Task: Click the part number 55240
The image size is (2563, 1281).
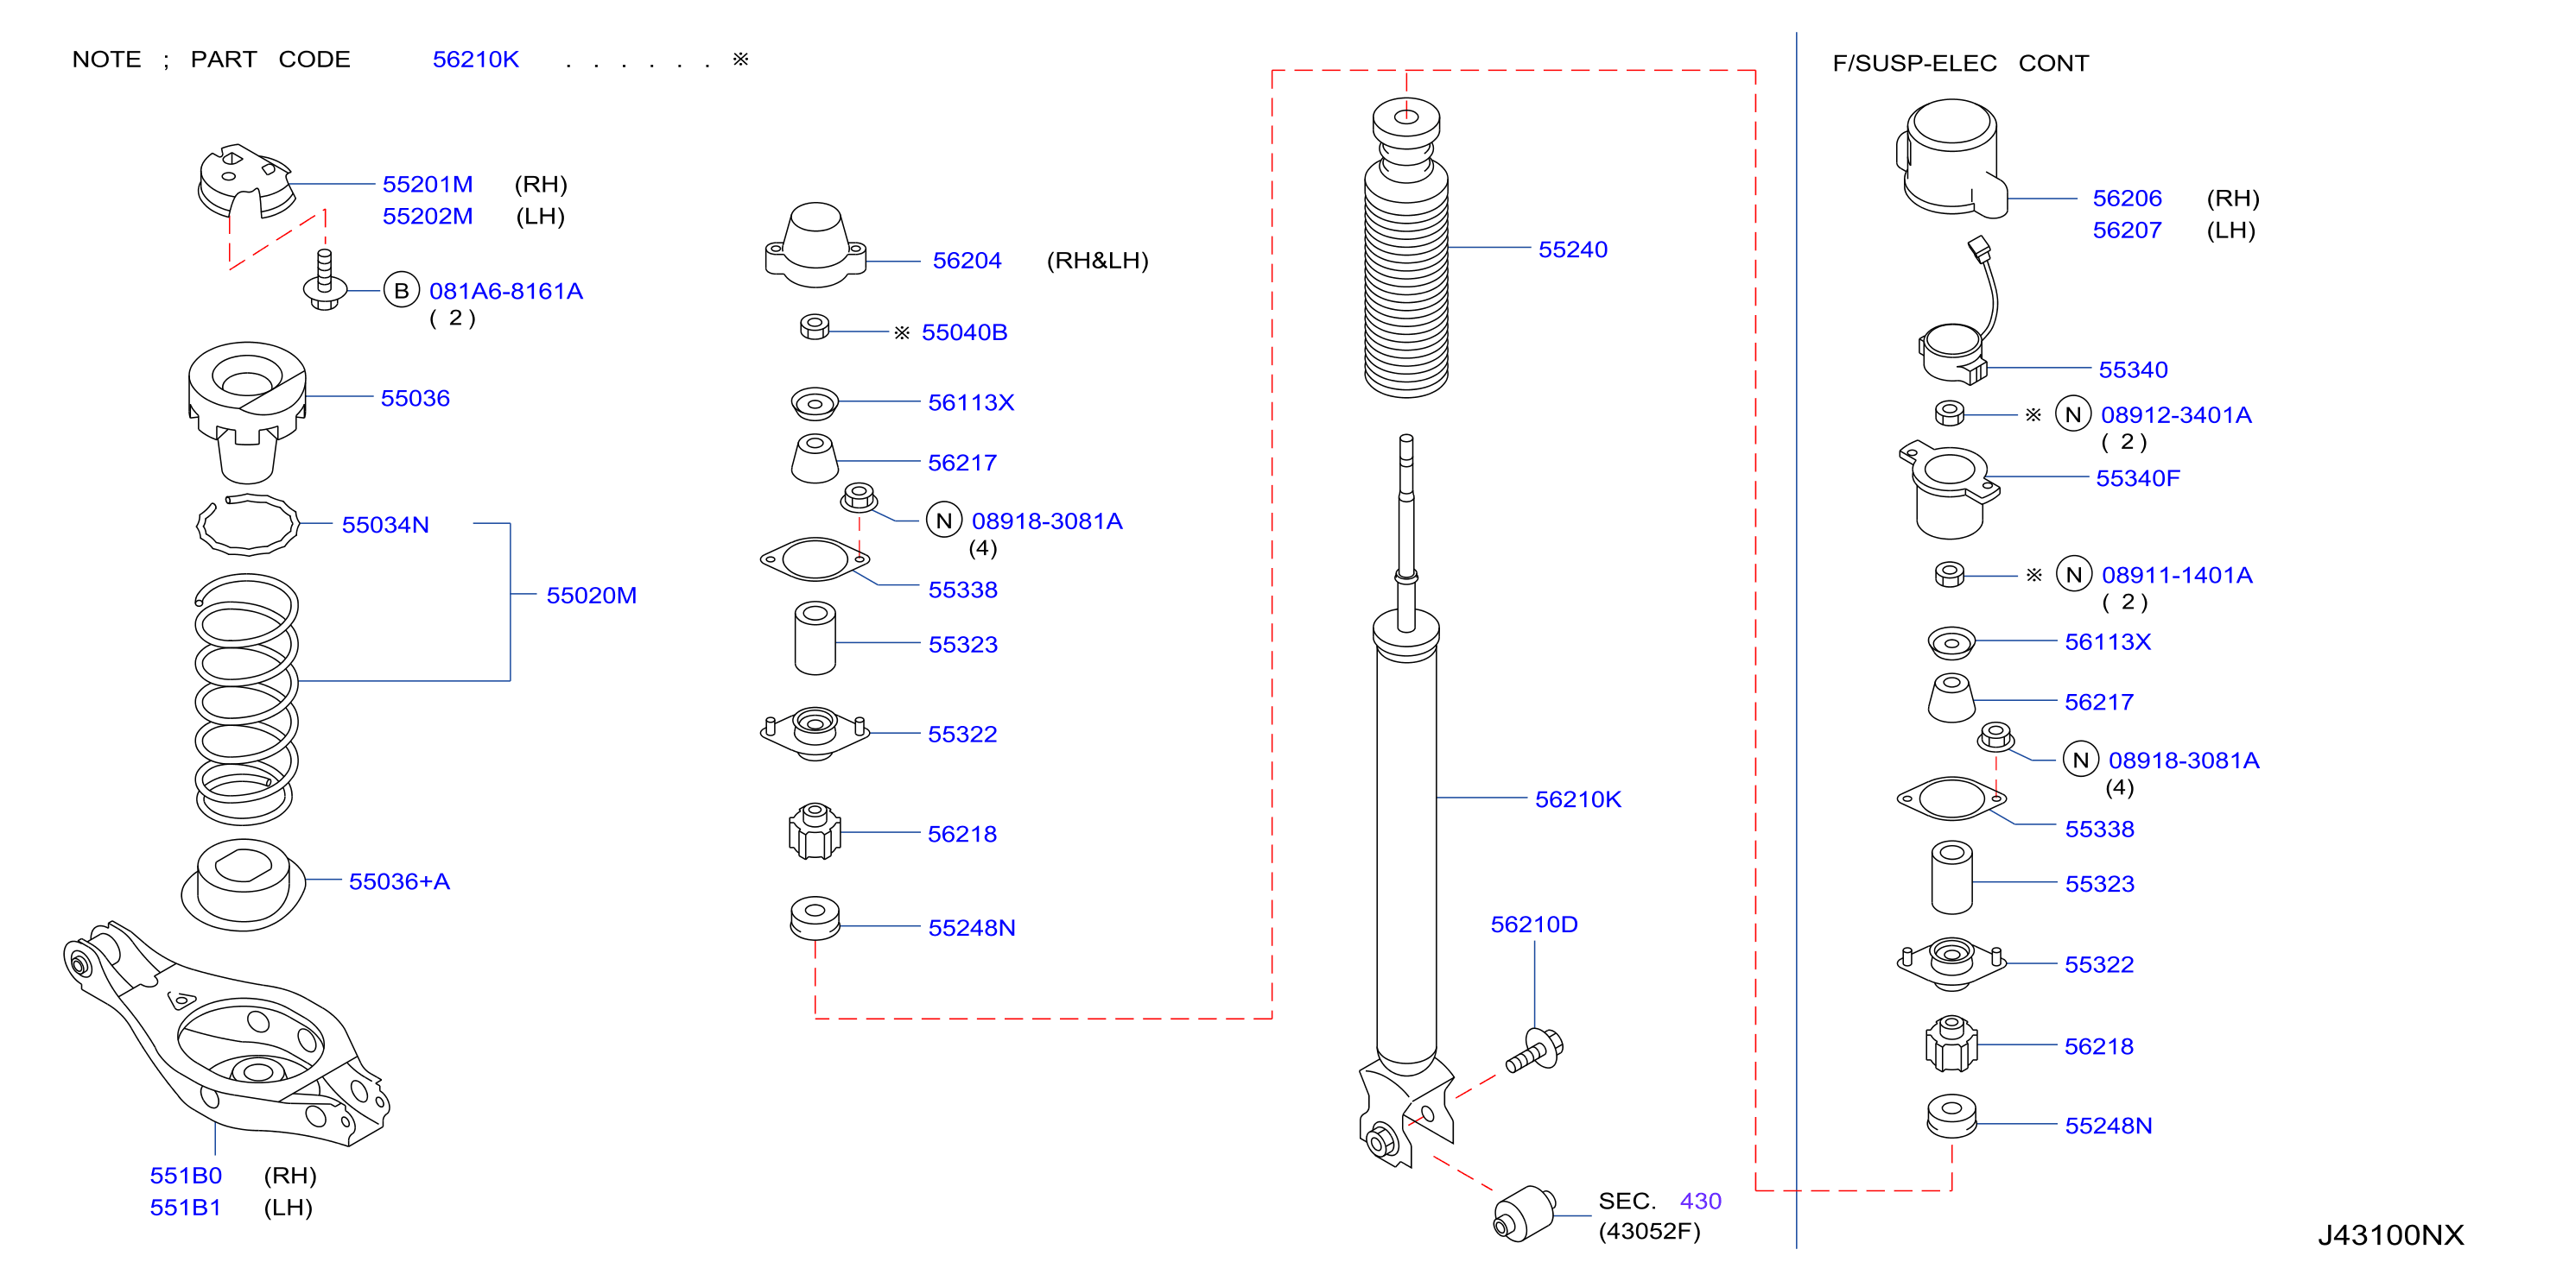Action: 1572,249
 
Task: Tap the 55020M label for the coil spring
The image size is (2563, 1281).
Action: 591,596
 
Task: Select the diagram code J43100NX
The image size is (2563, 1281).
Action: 2391,1235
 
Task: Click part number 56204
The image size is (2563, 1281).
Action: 966,261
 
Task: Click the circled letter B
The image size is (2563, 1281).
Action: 401,290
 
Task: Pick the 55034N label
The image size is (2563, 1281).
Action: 385,525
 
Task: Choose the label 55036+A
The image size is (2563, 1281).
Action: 399,882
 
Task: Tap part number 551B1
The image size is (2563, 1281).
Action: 185,1208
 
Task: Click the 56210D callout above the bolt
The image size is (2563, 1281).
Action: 1533,925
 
